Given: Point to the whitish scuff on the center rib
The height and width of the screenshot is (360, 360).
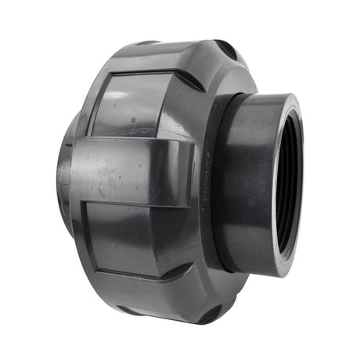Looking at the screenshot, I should point(99,191).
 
